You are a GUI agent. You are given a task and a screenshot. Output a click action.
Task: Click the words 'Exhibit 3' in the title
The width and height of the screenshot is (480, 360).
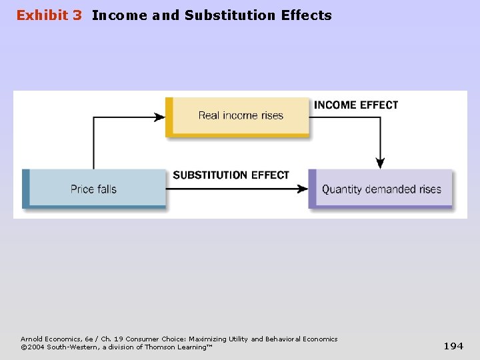pyautogui.click(x=49, y=15)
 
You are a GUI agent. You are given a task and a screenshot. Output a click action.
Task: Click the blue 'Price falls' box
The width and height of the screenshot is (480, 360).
pyautogui.click(x=94, y=189)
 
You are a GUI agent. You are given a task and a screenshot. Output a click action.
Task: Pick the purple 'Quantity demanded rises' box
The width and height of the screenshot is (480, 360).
pyautogui.click(x=381, y=189)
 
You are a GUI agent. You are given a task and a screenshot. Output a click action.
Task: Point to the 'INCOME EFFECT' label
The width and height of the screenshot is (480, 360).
pyautogui.click(x=355, y=105)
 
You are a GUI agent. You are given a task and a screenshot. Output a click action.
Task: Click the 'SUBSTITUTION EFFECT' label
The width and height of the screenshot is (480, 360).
pyautogui.click(x=231, y=175)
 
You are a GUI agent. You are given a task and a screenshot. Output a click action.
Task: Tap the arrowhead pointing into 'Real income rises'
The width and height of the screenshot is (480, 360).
pyautogui.click(x=160, y=117)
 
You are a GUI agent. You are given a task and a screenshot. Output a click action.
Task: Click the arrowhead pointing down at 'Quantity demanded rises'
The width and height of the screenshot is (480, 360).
pyautogui.click(x=380, y=163)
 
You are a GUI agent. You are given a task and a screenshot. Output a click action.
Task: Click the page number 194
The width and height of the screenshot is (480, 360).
pyautogui.click(x=453, y=345)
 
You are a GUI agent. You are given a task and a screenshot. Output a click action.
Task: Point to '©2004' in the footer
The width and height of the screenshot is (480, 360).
pyautogui.click(x=33, y=347)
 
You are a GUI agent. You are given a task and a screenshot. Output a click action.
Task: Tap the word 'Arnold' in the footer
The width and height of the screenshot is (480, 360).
pyautogui.click(x=31, y=339)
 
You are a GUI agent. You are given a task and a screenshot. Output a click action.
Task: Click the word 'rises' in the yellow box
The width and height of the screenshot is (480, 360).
pyautogui.click(x=272, y=116)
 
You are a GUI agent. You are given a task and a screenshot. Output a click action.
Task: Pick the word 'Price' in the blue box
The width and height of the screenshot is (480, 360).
pyautogui.click(x=83, y=189)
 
